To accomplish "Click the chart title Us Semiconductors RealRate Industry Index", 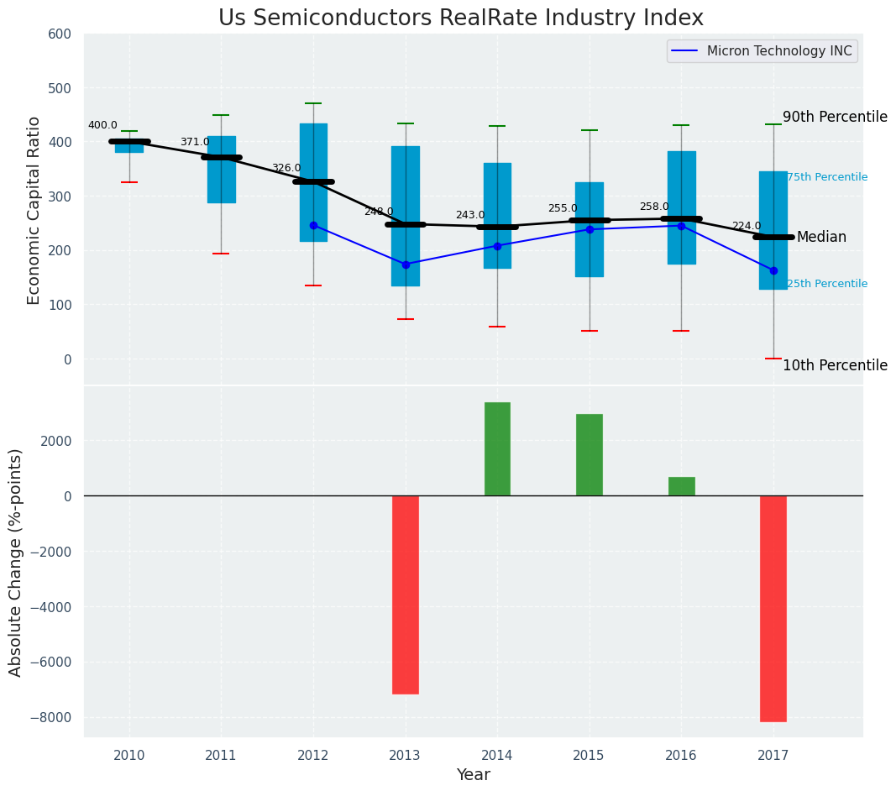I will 460,18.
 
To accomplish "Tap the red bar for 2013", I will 406,595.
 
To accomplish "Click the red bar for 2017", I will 773,608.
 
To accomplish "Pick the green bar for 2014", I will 497,449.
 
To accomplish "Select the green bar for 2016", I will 681,486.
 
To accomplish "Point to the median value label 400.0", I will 102,126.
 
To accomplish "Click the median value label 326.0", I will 286,169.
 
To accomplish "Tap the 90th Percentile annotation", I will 835,117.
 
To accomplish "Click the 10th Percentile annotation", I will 835,365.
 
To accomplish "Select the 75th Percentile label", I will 827,177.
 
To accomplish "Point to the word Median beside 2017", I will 821,238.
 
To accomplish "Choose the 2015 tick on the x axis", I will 589,756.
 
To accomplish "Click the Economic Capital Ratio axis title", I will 34,210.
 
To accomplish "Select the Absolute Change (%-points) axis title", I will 16,562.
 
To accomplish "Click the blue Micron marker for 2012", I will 313,225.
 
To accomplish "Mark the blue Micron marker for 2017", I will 773,270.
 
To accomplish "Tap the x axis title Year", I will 474,775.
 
